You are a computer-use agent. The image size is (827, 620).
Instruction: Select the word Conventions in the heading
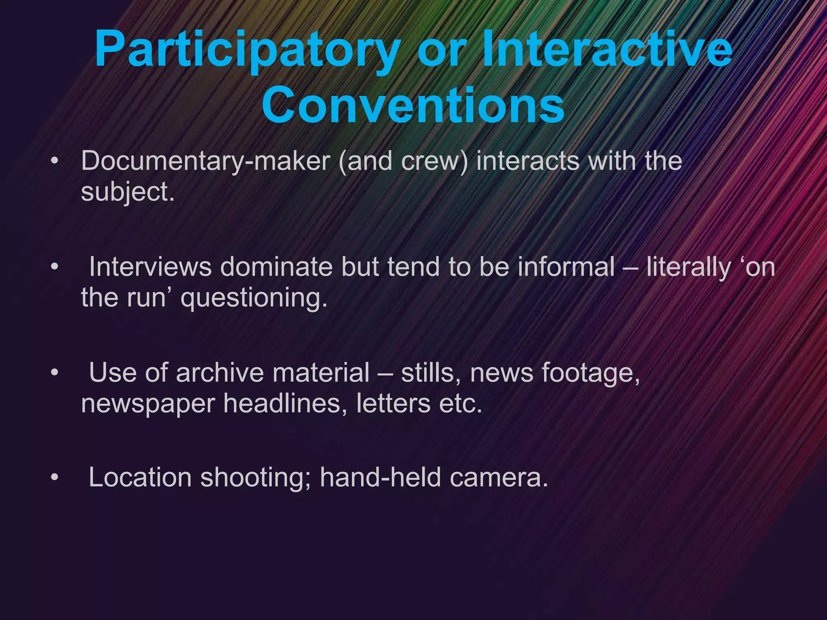click(413, 106)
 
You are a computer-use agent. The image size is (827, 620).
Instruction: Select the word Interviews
click(150, 267)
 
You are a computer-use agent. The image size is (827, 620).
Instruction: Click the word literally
click(689, 268)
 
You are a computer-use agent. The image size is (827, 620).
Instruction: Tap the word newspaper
click(148, 404)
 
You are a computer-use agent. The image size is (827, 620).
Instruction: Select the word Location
click(140, 477)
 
